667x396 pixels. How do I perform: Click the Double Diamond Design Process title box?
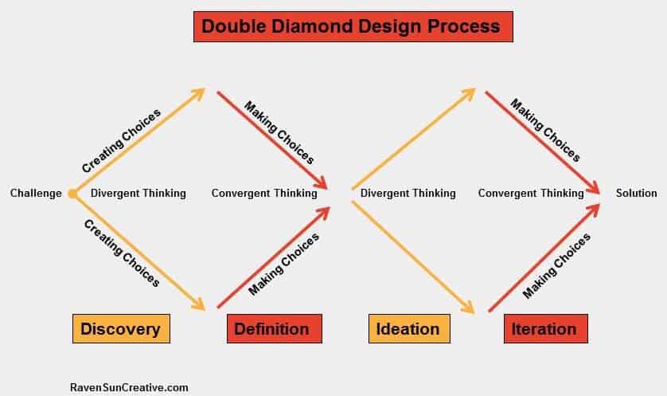(353, 26)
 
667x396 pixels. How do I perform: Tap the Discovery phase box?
(121, 329)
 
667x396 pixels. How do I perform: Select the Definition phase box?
(275, 329)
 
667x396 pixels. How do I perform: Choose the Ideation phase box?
(409, 329)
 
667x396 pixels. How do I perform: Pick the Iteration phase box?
(546, 329)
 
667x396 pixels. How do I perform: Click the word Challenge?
(36, 194)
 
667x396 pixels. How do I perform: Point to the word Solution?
(637, 193)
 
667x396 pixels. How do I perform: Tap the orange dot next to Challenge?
(72, 194)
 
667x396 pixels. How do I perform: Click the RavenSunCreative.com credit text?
(129, 387)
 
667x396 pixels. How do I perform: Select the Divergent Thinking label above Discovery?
(138, 194)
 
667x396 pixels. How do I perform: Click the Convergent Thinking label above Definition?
(264, 194)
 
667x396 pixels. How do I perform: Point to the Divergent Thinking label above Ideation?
(408, 194)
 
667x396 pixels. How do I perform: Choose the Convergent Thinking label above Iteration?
(531, 194)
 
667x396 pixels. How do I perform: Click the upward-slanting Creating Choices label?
(121, 140)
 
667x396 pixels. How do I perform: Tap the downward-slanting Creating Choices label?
(122, 253)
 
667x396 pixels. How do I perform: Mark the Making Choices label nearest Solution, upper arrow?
(545, 131)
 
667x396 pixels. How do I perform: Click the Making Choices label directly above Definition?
(283, 264)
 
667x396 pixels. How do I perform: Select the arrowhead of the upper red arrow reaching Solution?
(592, 187)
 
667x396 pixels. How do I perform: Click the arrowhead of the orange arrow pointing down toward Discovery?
(199, 304)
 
